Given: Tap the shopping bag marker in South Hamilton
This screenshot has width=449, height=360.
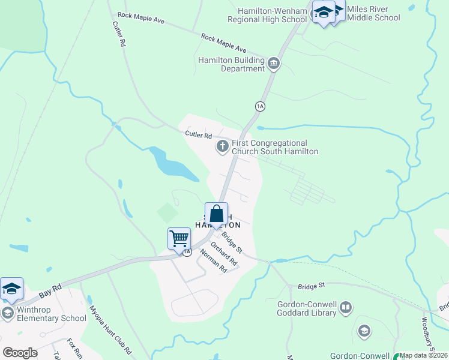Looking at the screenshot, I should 217,213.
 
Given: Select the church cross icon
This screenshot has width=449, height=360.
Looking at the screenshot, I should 222,146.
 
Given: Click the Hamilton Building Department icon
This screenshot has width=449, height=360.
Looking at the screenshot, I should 274,63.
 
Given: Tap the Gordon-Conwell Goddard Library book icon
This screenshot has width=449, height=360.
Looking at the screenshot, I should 345,308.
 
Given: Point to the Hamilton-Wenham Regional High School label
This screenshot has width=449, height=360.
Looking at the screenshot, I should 267,15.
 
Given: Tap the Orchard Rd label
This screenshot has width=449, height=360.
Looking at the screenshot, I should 224,254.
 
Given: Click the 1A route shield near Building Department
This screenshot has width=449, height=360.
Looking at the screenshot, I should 260,106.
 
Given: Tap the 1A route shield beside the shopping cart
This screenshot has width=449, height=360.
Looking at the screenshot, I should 187,252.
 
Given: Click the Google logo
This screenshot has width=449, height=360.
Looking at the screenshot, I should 20,353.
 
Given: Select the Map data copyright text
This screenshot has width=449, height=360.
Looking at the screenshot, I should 424,355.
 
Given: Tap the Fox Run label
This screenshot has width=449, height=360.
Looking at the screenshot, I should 74,347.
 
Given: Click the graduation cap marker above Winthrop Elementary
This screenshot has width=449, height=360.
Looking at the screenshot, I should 12,289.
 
